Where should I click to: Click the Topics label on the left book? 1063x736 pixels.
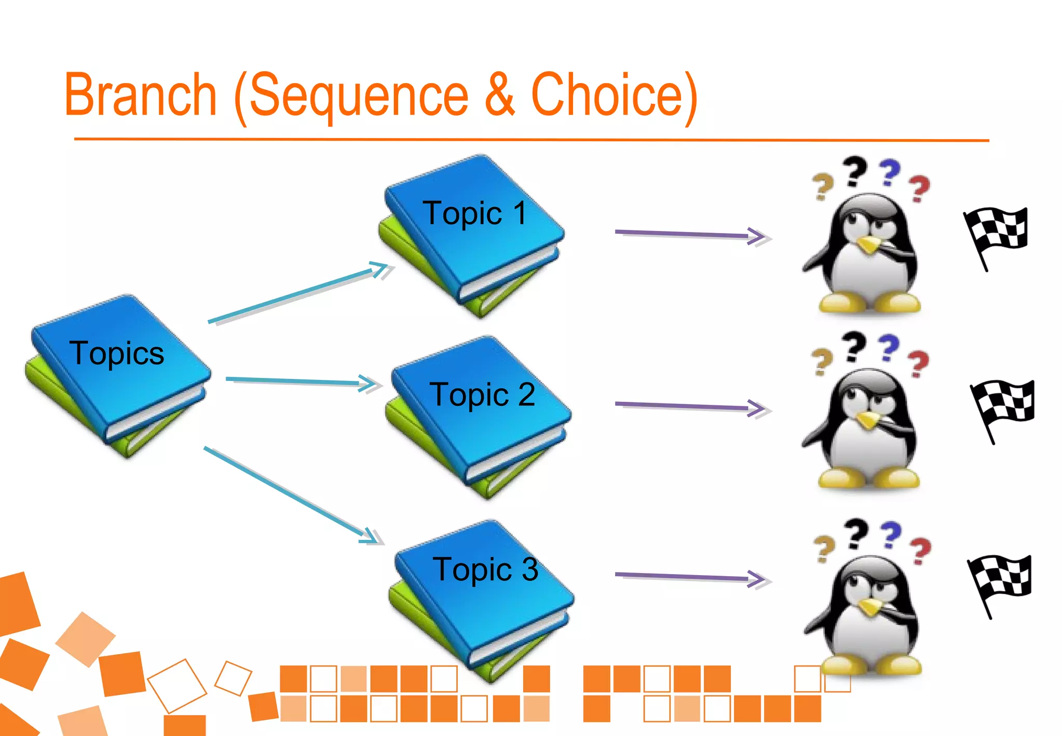[x=117, y=353]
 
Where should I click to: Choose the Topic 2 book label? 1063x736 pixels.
[x=482, y=394]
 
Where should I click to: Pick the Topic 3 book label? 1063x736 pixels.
[x=485, y=569]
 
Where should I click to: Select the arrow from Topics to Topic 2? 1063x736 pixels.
[x=304, y=381]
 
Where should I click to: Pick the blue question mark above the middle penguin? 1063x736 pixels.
[x=889, y=348]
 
